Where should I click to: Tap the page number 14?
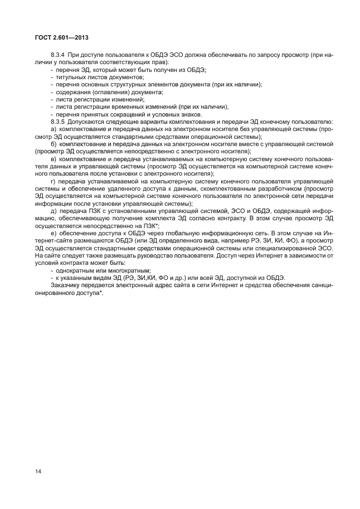[x=38, y=472]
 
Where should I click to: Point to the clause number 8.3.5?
[x=59, y=122]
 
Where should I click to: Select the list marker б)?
[x=54, y=143]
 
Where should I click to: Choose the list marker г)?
[x=53, y=181]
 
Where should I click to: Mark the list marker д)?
[x=54, y=211]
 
